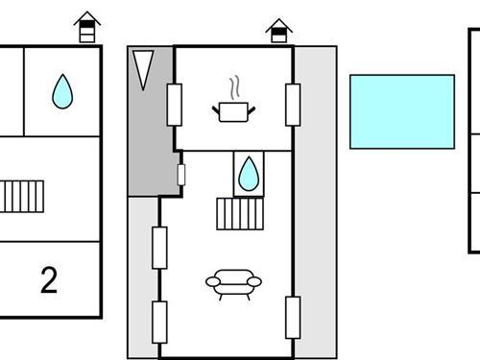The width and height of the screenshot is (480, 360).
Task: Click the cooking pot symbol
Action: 233,112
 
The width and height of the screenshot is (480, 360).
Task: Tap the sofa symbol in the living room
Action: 233,283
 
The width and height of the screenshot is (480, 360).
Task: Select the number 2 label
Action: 49,280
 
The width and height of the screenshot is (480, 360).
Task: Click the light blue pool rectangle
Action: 401,111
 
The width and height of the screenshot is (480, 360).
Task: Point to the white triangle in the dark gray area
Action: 143,68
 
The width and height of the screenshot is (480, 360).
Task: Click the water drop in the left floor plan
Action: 62,92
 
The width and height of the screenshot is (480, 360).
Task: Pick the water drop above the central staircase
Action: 248,173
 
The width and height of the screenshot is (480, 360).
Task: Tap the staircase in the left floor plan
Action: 17,197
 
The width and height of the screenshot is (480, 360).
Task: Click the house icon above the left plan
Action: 87,28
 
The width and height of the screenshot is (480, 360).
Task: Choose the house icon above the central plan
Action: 278,31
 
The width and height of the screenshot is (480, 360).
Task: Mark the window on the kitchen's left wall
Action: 175,105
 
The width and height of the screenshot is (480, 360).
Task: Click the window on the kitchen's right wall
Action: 293,105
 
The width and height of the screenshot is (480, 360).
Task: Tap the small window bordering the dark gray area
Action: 180,175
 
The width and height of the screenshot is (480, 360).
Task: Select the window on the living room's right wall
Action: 293,317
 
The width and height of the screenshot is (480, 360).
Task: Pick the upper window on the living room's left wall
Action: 160,247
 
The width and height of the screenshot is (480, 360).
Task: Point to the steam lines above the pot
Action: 233,88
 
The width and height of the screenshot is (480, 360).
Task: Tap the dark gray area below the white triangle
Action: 149,144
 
